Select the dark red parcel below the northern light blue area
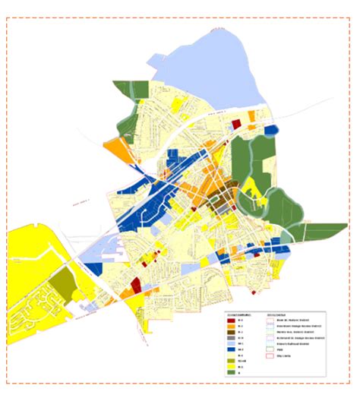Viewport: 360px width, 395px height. point(234,123)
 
